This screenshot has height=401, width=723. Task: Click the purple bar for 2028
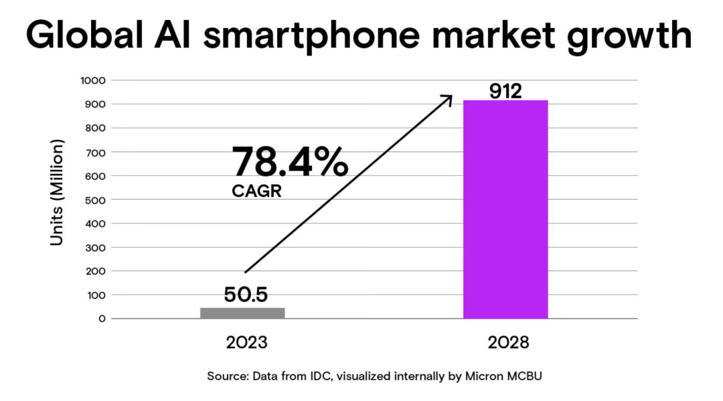(x=505, y=209)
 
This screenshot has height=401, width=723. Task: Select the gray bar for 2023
(x=242, y=313)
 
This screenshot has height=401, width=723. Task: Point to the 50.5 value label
(x=246, y=295)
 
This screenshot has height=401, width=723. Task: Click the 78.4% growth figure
(x=289, y=163)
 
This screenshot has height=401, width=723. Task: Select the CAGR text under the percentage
(x=256, y=191)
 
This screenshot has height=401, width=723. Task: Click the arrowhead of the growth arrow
(x=448, y=98)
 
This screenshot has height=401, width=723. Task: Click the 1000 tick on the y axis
(x=93, y=80)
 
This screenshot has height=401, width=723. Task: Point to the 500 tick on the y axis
(x=96, y=199)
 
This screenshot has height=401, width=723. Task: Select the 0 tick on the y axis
(x=102, y=319)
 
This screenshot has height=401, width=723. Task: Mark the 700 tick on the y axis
(x=96, y=152)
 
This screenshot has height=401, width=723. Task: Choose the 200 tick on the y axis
(x=96, y=271)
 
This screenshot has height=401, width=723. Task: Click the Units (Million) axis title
(x=58, y=192)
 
